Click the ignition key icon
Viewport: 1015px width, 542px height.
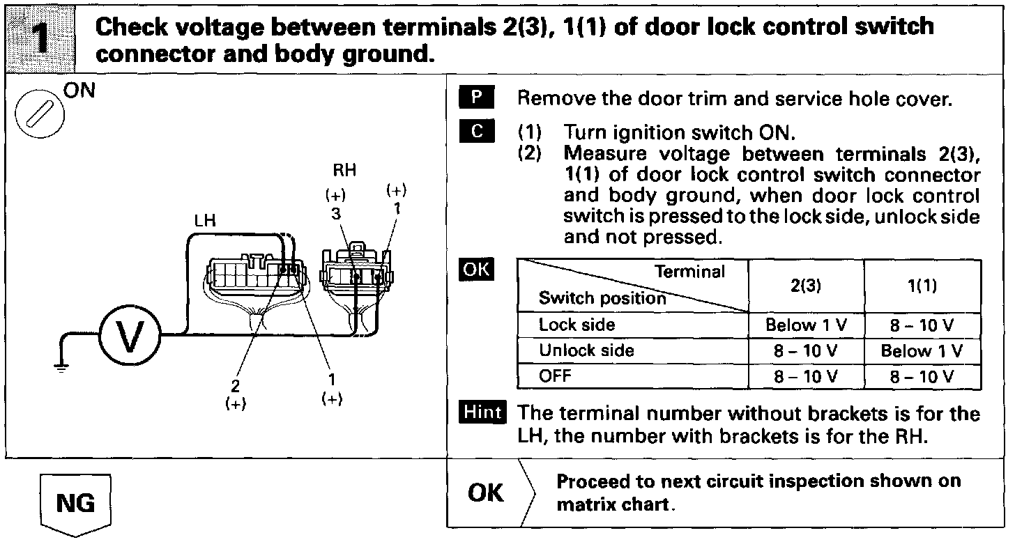(x=40, y=114)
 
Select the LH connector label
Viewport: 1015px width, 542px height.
(x=205, y=221)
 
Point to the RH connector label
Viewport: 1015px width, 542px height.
(x=344, y=171)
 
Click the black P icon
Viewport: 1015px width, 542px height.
(x=476, y=98)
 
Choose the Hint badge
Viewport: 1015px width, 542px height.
(x=483, y=412)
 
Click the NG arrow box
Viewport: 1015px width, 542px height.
(x=75, y=504)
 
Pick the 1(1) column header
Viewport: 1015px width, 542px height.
(x=922, y=286)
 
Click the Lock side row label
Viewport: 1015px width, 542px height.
(x=577, y=325)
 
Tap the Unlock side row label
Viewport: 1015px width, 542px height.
(x=586, y=350)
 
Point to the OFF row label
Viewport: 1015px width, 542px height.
(x=555, y=376)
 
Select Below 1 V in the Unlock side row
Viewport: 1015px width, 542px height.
(x=922, y=350)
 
